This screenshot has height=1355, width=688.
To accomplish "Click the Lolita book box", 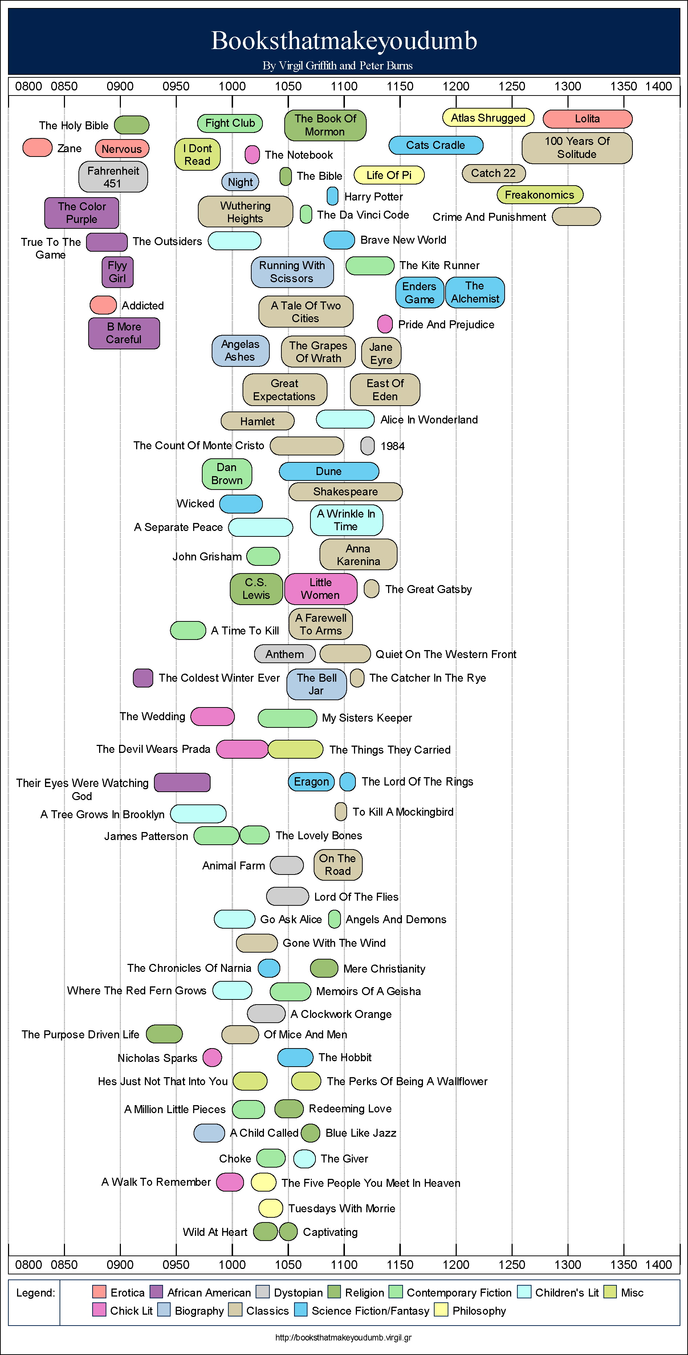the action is point(587,119).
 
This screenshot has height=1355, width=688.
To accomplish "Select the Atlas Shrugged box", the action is point(488,118).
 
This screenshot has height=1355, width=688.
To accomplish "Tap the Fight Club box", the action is point(230,123).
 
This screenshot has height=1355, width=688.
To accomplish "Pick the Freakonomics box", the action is point(540,195).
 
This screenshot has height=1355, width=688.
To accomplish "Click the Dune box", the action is point(329,471).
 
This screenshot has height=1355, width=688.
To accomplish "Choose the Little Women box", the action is point(320,589).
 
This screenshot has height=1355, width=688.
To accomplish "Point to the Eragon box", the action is point(312,782).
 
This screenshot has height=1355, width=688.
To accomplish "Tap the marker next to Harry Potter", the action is point(333,196).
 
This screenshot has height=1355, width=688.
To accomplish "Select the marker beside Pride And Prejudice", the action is point(385,324).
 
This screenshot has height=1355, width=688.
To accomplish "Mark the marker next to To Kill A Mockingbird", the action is point(341,812).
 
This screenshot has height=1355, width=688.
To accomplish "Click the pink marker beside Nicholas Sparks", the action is point(212,1057).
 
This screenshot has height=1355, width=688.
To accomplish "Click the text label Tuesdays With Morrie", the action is point(342,1208).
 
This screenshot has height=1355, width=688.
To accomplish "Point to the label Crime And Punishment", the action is point(489,217).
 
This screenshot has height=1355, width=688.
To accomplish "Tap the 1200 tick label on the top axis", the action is point(456,86).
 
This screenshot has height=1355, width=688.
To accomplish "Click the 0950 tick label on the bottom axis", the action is point(176,1265).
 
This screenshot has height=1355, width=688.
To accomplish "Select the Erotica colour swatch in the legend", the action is point(99,1291).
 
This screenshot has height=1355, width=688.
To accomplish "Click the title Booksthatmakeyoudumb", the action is point(344,41).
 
